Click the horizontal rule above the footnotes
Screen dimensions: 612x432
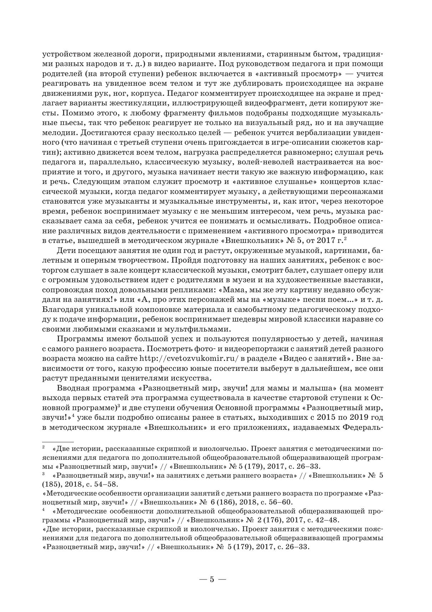click(58, 442)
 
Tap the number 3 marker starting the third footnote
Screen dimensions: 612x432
click(43, 474)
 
